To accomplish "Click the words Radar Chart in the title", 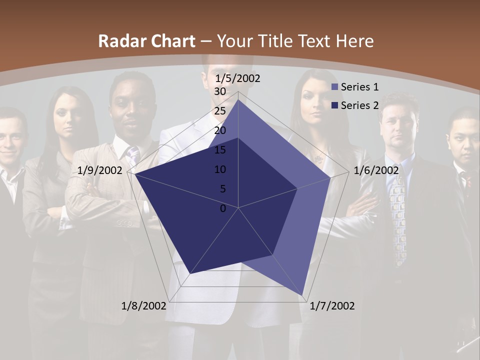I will (x=146, y=41).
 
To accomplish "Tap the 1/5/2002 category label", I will (x=238, y=78).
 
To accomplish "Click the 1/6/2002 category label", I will (x=376, y=170).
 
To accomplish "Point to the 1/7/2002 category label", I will (x=332, y=306).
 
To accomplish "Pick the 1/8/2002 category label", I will (x=144, y=306).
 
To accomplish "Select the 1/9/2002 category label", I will (x=100, y=170).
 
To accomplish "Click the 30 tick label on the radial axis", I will (x=219, y=91).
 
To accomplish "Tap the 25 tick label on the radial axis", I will (x=219, y=111).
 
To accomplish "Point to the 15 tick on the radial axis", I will (x=219, y=150).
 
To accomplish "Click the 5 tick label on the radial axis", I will (x=222, y=189).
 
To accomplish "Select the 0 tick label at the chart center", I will (x=223, y=208).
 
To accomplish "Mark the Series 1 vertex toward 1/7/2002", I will (x=302, y=295).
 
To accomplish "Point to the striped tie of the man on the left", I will (x=132, y=155).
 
